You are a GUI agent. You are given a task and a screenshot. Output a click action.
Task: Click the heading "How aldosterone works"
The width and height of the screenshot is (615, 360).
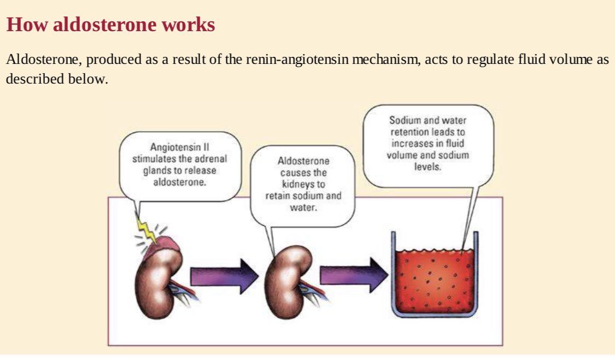110,25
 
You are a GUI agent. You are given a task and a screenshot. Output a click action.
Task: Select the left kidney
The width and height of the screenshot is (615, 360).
156,281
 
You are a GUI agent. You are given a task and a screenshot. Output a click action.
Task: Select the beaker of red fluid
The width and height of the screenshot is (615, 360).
435,276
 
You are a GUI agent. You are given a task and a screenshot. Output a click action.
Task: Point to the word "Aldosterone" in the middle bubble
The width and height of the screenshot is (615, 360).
303,162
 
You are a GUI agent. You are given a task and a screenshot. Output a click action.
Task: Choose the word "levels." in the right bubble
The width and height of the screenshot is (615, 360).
428,166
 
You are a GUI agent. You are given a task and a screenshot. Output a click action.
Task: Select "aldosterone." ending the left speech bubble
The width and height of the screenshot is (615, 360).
180,181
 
